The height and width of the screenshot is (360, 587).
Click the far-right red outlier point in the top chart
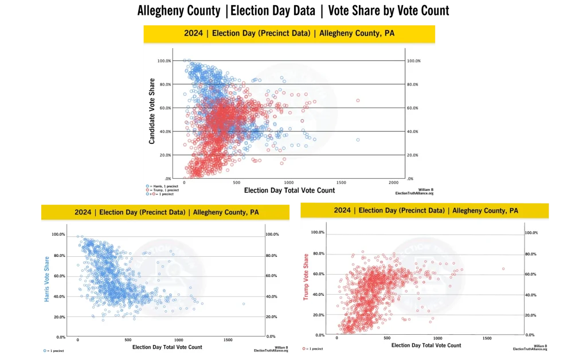pyautogui.click(x=358, y=100)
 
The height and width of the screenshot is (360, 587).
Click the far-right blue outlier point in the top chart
pyautogui.click(x=358, y=140)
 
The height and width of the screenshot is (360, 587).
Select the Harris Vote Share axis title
pyautogui.click(x=46, y=279)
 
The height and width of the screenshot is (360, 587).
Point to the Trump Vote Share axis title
pyautogui.click(x=306, y=279)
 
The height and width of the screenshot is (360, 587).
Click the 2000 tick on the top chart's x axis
pyautogui.click(x=393, y=182)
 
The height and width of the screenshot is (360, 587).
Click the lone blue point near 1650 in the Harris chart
pyautogui.click(x=243, y=304)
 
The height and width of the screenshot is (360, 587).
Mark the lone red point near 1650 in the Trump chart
pyautogui.click(x=503, y=268)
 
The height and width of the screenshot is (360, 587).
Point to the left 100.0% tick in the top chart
pyautogui.click(x=164, y=61)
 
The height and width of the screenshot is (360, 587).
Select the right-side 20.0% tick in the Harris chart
pyautogui.click(x=272, y=316)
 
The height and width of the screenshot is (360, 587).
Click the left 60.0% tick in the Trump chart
pyautogui.click(x=318, y=274)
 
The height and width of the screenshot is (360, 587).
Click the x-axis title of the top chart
pyautogui.click(x=289, y=190)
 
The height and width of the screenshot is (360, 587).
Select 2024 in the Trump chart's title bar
pyautogui.click(x=342, y=210)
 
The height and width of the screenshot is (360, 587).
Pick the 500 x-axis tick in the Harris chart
pyautogui.click(x=128, y=340)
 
